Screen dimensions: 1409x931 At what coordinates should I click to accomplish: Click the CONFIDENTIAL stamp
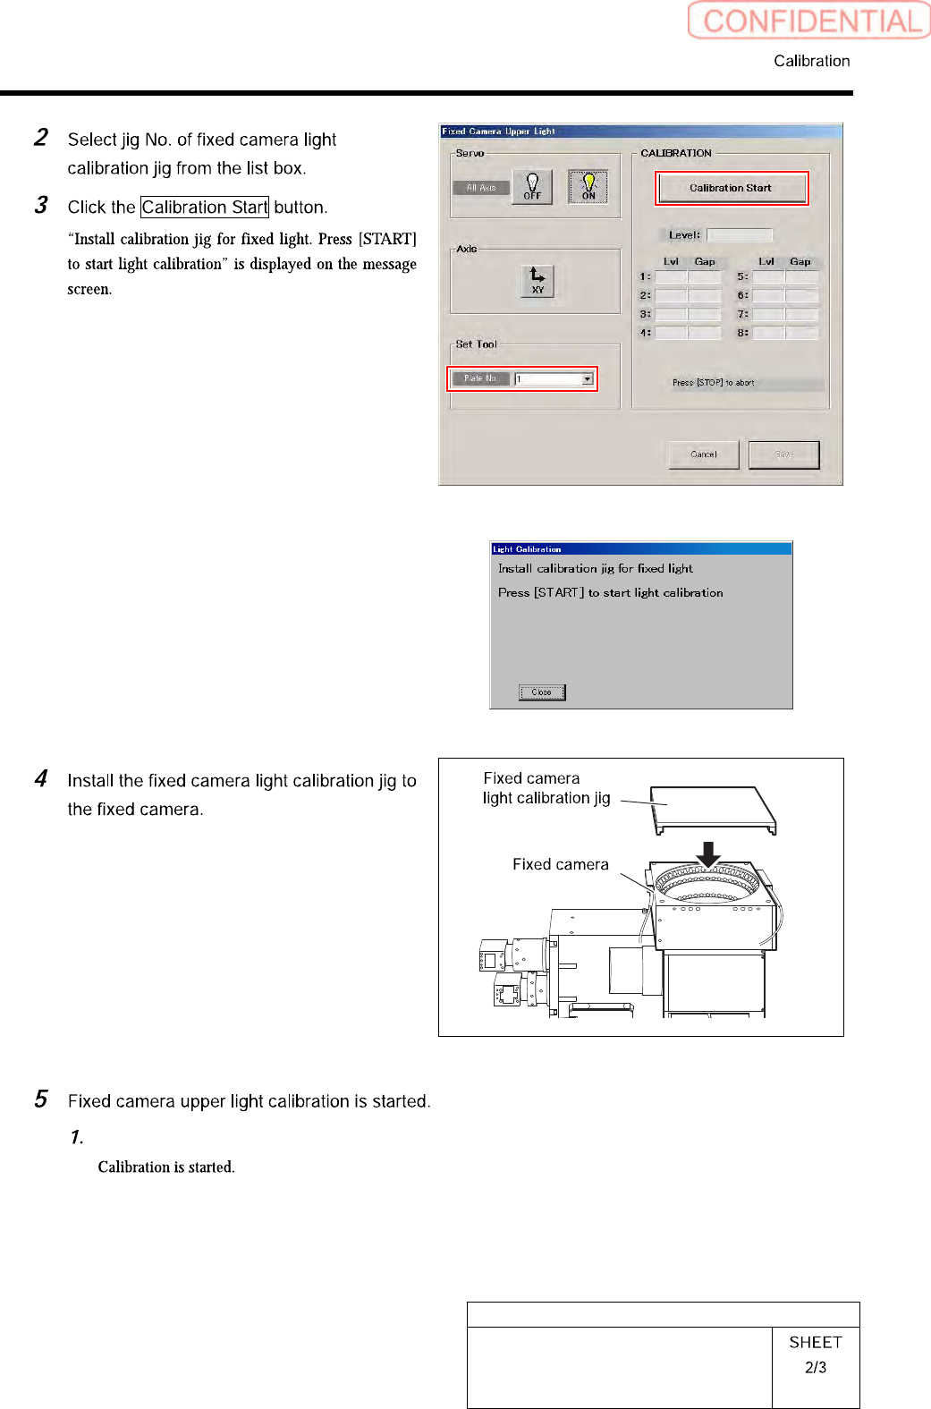click(809, 21)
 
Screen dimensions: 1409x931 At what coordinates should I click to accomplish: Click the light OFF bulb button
click(532, 186)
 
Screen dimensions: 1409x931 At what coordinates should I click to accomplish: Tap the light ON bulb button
click(588, 186)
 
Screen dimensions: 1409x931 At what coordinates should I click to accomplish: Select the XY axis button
click(537, 281)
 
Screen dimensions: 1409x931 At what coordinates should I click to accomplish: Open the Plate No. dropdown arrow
click(588, 378)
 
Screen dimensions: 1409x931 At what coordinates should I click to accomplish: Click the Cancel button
click(704, 454)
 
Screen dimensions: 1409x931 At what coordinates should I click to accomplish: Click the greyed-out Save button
click(783, 454)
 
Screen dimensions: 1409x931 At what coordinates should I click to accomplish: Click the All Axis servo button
click(481, 188)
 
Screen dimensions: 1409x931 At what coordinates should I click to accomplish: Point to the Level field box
click(740, 235)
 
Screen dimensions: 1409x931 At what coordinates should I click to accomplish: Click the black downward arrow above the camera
click(708, 854)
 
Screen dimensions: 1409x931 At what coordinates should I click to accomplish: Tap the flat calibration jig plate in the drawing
click(712, 807)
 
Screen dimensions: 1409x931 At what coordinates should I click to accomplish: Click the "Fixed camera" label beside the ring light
click(560, 864)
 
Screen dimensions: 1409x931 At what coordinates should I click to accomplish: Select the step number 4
click(41, 778)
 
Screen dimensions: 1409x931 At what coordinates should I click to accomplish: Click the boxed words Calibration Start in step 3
click(205, 208)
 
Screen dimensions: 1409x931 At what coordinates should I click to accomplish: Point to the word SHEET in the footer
click(816, 1342)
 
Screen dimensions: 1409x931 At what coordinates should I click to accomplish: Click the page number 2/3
click(816, 1368)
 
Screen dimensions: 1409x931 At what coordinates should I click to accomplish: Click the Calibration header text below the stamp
click(812, 61)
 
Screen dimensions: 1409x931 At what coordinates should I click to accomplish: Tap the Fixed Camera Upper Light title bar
click(640, 131)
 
